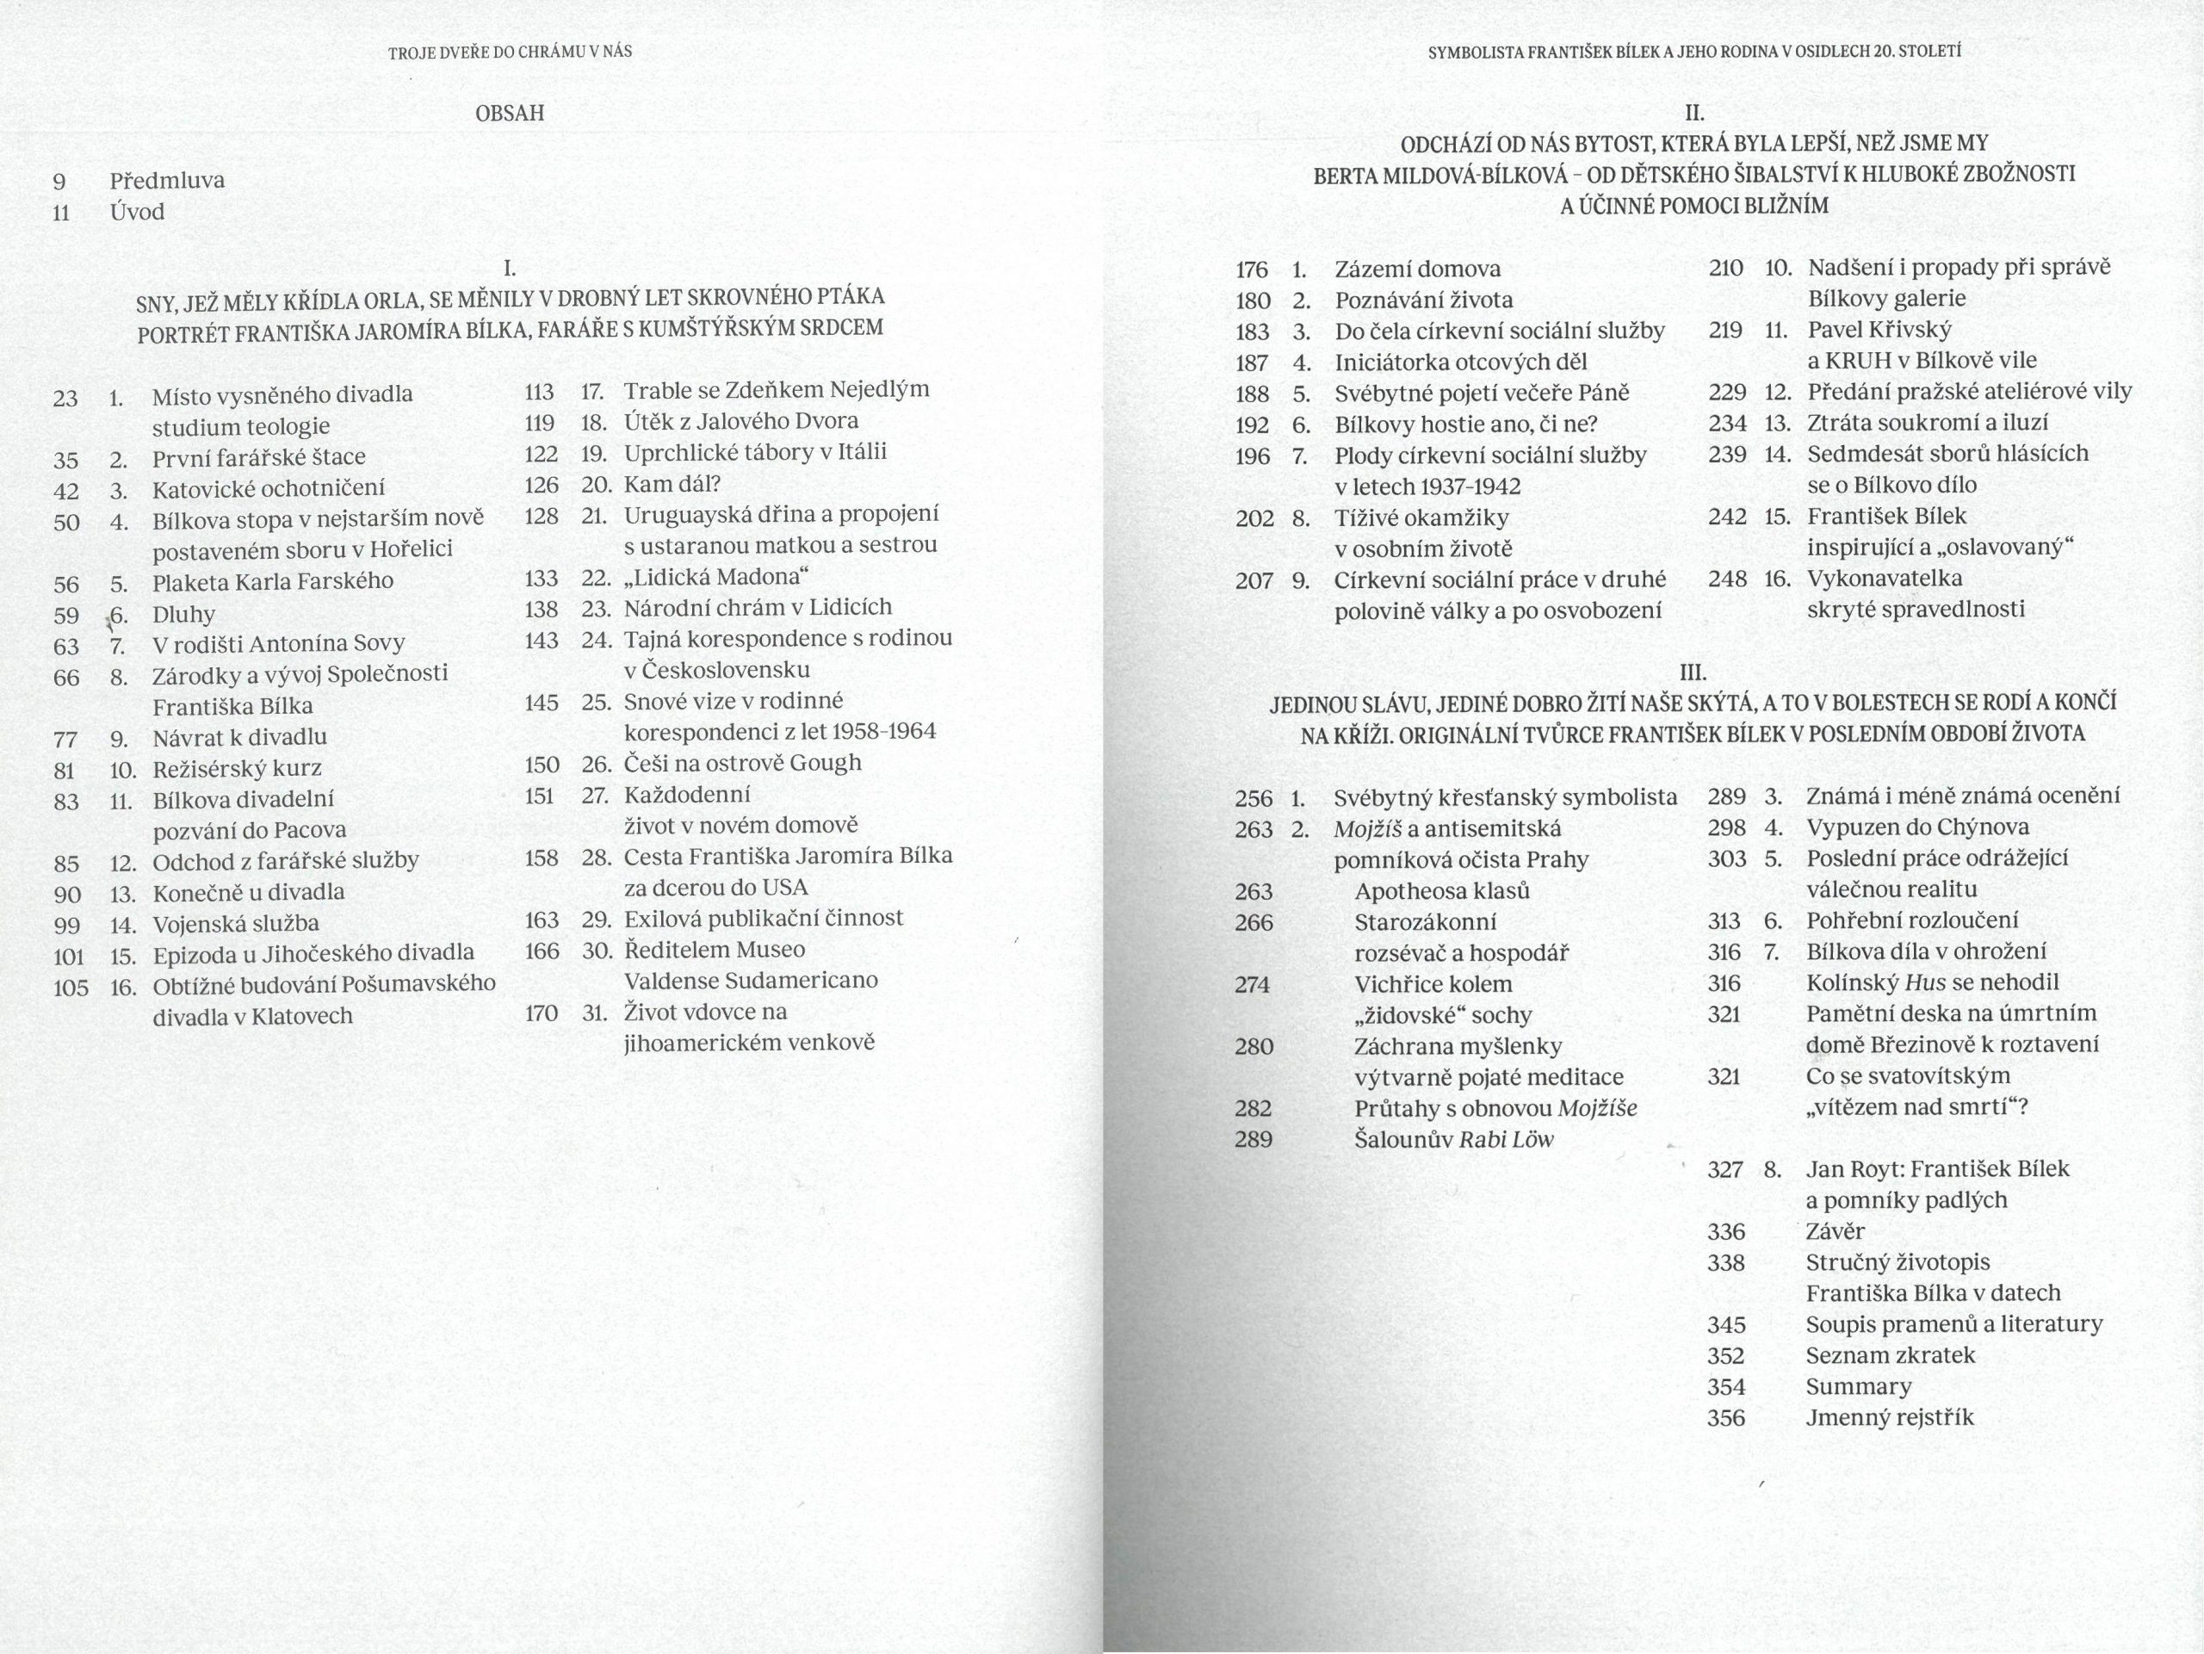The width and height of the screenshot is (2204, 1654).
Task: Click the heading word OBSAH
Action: (511, 114)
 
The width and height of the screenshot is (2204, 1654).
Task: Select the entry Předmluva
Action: (167, 180)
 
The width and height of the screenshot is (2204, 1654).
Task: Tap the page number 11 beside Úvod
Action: (61, 212)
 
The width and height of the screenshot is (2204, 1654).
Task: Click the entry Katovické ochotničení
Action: (268, 488)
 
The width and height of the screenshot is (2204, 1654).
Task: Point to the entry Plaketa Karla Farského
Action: (272, 581)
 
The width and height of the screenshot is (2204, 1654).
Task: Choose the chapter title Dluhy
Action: (183, 614)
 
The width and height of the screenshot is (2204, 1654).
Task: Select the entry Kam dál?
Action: (672, 484)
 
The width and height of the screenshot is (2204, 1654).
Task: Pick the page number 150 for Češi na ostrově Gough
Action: (541, 765)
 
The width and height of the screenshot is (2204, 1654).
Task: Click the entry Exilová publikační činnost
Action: (764, 918)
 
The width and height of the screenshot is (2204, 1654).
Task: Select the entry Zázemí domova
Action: (1417, 269)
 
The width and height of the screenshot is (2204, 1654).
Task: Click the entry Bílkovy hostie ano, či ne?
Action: (1465, 424)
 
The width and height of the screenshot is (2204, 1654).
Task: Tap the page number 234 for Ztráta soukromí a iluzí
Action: (1727, 423)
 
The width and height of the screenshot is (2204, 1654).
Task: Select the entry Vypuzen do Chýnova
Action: (1917, 827)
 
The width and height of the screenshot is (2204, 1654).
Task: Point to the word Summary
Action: (1858, 1386)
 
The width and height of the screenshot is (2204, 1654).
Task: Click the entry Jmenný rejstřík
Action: (1889, 1417)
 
